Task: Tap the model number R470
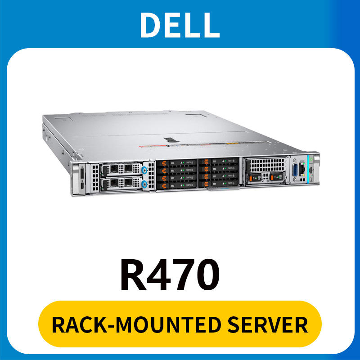[170, 275]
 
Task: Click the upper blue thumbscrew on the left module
[144, 170]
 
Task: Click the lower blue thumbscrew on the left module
[144, 184]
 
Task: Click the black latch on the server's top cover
[170, 139]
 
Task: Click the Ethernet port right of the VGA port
[305, 169]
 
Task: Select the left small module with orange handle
[257, 179]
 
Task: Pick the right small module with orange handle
[276, 179]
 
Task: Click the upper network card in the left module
[121, 169]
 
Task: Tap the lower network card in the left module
[121, 182]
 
